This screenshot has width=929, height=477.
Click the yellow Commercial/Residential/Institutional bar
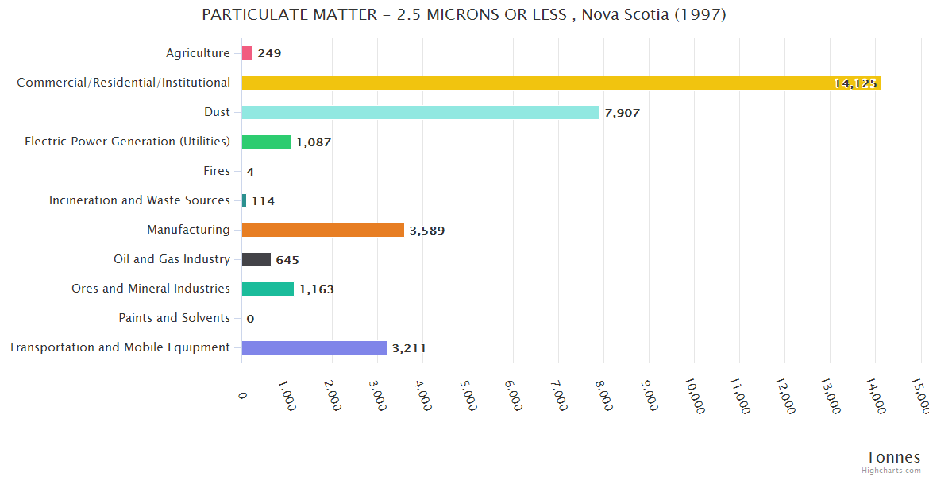556,83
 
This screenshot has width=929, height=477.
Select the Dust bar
420,112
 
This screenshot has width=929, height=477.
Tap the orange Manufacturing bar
322,231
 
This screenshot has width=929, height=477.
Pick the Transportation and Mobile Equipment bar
314,347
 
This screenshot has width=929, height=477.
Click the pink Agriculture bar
247,53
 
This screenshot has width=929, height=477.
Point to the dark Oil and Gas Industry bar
256,259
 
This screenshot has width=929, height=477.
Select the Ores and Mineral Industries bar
268,289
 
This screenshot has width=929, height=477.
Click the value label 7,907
622,113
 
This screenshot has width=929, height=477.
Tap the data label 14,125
855,83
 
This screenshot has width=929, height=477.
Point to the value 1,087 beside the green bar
313,142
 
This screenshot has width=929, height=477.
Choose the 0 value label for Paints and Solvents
250,319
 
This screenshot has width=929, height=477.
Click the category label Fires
217,171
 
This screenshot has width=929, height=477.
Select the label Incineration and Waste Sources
140,200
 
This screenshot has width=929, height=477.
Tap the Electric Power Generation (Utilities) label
127,142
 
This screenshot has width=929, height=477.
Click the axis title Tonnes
892,457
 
